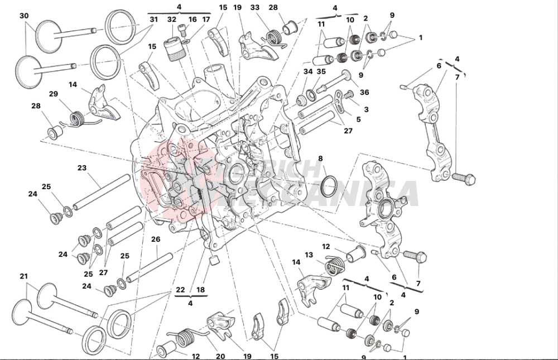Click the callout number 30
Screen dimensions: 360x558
pos(23,16)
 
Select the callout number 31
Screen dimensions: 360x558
pos(153,20)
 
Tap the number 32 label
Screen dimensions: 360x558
pos(171,20)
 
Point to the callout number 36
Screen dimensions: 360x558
pos(364,92)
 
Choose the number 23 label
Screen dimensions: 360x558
pos(82,167)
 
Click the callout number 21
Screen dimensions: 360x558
pos(23,276)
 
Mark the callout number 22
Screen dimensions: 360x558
pos(180,290)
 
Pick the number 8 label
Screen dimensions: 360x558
pos(320,159)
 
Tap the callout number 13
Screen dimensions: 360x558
pos(309,256)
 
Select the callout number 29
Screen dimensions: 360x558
pos(54,94)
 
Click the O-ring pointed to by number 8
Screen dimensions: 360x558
pos(329,183)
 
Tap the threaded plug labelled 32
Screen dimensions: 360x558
pos(173,49)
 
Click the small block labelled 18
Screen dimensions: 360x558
pos(213,260)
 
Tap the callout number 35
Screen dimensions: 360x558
pos(321,71)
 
